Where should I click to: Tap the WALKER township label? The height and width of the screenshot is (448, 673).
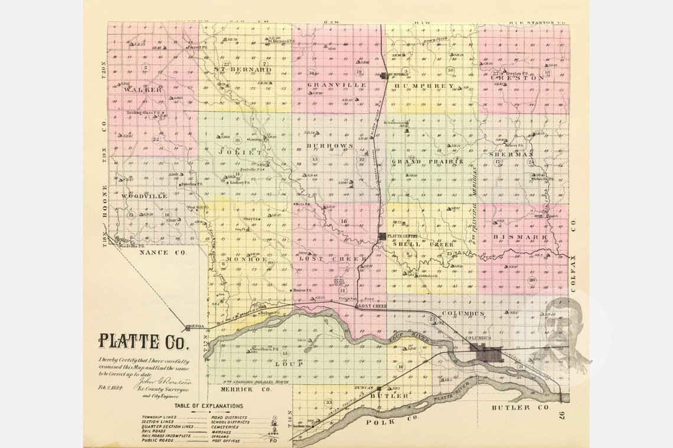click(142, 90)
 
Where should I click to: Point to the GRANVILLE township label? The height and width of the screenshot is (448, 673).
click(336, 85)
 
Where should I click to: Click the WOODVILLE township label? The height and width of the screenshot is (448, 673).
click(145, 196)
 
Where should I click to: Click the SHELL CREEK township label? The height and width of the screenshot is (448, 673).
click(426, 244)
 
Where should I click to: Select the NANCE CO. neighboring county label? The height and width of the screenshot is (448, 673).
click(163, 252)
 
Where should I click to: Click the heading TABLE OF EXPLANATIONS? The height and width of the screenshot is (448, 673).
click(208, 406)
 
